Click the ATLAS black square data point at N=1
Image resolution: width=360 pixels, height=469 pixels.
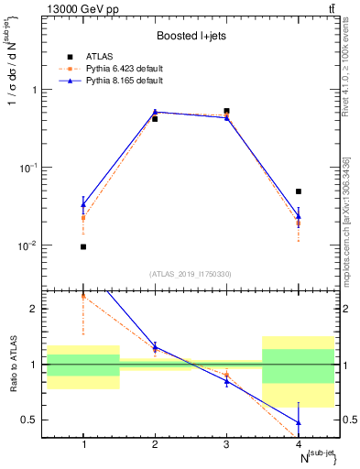pos(83,246)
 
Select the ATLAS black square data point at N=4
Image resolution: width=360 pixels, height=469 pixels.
pos(299,191)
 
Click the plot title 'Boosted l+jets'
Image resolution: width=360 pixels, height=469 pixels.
pos(191,36)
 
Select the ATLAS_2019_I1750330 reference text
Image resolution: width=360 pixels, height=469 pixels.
pos(191,274)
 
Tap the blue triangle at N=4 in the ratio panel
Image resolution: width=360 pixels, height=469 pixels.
pos(299,422)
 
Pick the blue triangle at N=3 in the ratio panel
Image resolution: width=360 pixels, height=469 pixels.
pos(227,380)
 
